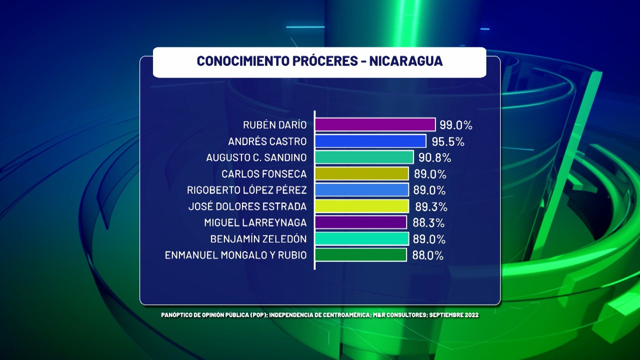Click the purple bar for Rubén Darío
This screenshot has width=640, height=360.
(375, 124)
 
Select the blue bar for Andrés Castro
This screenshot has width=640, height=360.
(370, 141)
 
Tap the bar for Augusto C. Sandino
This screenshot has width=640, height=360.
(364, 157)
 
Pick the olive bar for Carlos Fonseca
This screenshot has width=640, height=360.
(361, 174)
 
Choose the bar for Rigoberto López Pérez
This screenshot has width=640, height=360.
(361, 190)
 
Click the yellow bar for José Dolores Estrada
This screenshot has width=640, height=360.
(361, 206)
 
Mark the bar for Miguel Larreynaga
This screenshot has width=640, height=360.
(360, 222)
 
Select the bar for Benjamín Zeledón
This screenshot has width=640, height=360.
(361, 239)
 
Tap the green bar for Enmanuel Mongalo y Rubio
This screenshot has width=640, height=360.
(360, 255)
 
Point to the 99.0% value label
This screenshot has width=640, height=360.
(456, 125)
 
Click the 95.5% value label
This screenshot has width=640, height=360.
(448, 141)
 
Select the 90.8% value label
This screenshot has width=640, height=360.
(434, 158)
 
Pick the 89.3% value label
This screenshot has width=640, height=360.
(430, 206)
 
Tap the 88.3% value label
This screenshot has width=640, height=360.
(428, 223)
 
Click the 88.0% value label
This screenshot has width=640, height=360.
(428, 255)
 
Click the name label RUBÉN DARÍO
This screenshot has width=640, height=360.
(275, 125)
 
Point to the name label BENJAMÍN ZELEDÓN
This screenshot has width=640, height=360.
(258, 239)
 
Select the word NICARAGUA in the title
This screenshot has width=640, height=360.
(406, 61)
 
